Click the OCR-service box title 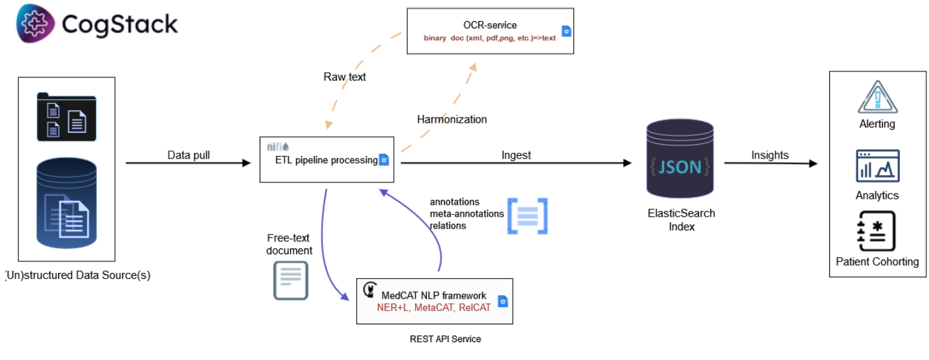pyautogui.click(x=490, y=25)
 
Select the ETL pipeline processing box pyautogui.click(x=327, y=159)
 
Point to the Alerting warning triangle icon pyautogui.click(x=877, y=98)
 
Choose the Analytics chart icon pyautogui.click(x=877, y=165)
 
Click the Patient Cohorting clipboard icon pyautogui.click(x=876, y=231)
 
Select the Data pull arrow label pyautogui.click(x=188, y=155)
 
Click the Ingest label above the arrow pyautogui.click(x=516, y=155)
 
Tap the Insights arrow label pyautogui.click(x=770, y=155)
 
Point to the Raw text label pyautogui.click(x=344, y=77)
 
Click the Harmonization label pyautogui.click(x=452, y=120)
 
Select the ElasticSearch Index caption pyautogui.click(x=681, y=220)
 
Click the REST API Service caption pyautogui.click(x=445, y=339)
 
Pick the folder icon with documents pyautogui.click(x=66, y=117)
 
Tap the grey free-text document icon pyautogui.click(x=291, y=280)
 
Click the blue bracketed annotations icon pyautogui.click(x=527, y=215)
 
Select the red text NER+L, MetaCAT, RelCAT pyautogui.click(x=433, y=307)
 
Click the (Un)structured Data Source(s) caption pyautogui.click(x=77, y=275)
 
